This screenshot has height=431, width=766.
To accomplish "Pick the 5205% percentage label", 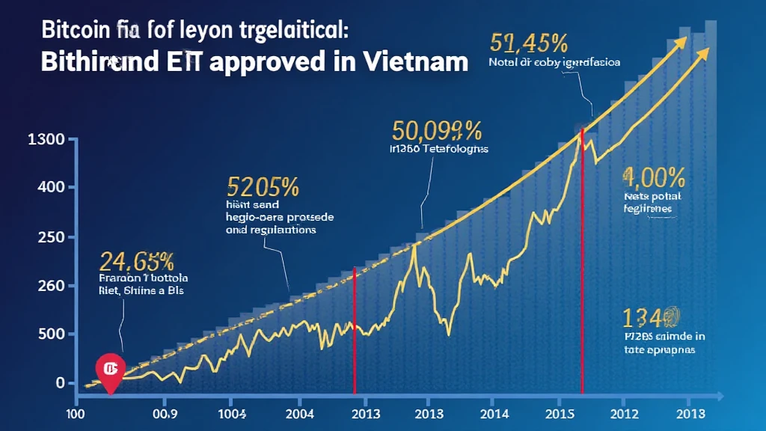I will click(263, 185).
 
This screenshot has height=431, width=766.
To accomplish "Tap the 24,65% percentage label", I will click(137, 261).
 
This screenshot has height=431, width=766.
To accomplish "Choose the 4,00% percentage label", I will click(653, 177).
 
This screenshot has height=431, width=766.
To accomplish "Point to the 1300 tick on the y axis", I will click(45, 140).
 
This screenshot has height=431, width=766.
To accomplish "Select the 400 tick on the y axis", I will click(49, 187).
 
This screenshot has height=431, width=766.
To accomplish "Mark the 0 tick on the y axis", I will click(60, 383).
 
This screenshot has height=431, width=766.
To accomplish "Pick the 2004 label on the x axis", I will click(300, 413).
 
